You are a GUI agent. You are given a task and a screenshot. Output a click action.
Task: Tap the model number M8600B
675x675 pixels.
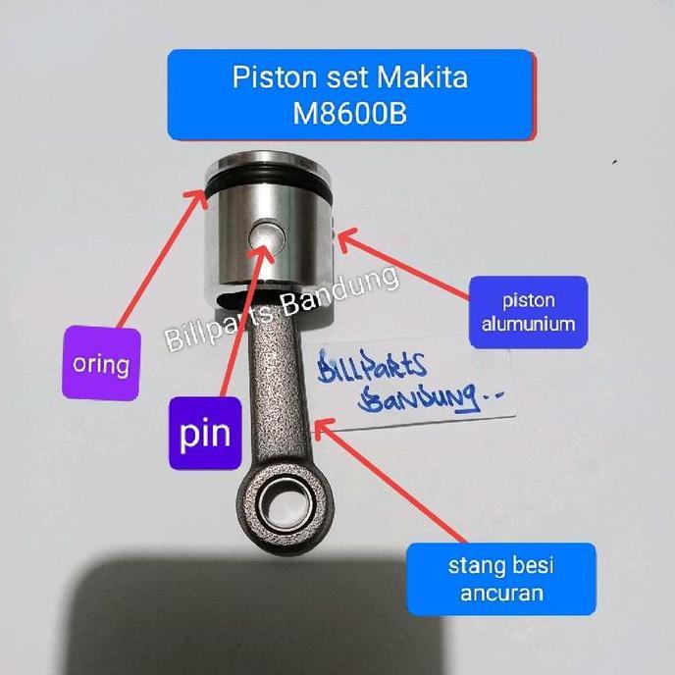coord(350,115)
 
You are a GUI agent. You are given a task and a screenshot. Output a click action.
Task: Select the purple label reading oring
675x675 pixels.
coord(100,364)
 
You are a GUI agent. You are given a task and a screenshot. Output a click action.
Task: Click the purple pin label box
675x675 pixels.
coord(205,433)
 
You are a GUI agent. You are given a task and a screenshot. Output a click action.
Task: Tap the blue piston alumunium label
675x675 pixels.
coord(528,312)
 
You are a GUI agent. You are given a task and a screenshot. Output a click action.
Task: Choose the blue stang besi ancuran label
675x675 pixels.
coord(500,578)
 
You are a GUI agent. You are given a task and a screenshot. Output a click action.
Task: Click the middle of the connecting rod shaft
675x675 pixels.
coord(277,392)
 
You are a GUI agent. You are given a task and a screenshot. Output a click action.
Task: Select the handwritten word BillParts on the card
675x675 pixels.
coord(373,368)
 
